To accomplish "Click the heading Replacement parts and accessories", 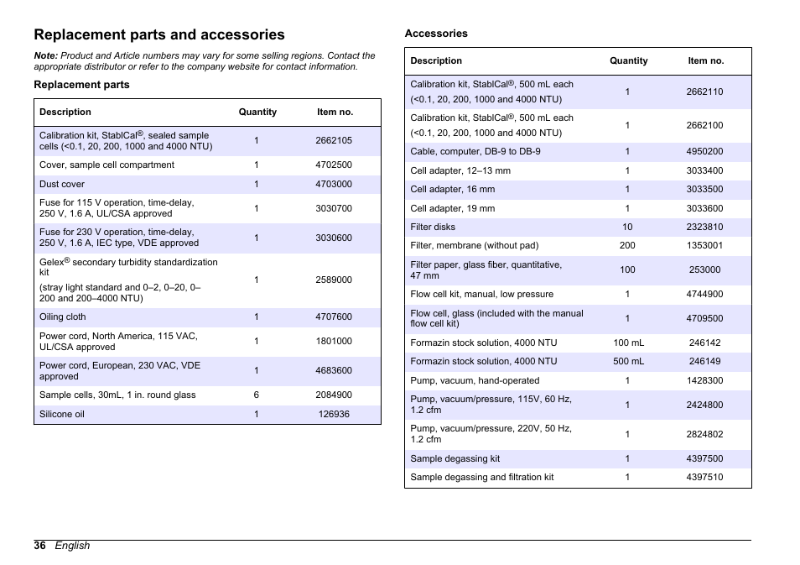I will pos(159,34).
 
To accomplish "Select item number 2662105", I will pos(334,140).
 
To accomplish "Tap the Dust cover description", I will pos(62,184).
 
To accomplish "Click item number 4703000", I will pos(334,184).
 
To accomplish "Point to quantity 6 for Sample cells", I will pos(257,395).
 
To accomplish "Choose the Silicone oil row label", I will pos(62,414).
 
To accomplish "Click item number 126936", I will pos(334,414).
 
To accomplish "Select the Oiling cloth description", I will pos(63,317).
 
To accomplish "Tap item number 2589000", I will pos(334,280).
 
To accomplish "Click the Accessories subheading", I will pos(436,34).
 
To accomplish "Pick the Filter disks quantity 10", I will pos(627,227).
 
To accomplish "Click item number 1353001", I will pos(704,245).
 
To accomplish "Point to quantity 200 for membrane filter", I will pos(627,245).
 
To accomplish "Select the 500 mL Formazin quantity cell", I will pos(628,361).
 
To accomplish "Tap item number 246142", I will pos(704,343).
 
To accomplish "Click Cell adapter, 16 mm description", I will pos(453,189).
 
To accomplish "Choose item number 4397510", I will pos(704,477).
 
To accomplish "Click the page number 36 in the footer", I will pos(39,546).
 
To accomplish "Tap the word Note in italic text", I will pos(44,56).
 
